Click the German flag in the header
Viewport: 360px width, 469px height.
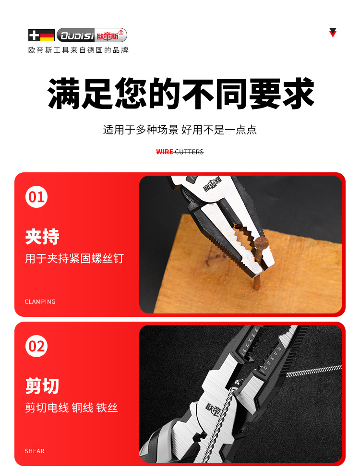47,36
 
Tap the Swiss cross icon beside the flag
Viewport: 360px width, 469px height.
34,36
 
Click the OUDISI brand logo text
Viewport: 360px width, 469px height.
77,36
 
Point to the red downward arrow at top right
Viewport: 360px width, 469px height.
333,32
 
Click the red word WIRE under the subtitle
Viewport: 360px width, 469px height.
165,152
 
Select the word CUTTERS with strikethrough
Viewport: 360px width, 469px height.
189,152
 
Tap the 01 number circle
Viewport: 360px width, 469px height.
36,197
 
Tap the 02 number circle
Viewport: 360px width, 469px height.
36,346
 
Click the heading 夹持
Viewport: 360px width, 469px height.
42,237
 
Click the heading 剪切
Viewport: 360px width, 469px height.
42,386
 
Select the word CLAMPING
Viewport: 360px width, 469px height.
40,301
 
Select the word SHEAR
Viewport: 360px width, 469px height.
35,451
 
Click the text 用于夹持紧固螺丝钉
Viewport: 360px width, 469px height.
74,259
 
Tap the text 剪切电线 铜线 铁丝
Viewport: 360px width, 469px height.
72,408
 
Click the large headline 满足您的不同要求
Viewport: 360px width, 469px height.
181,94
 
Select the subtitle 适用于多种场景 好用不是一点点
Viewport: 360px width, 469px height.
180,130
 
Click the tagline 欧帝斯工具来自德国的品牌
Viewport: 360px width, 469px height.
78,50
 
